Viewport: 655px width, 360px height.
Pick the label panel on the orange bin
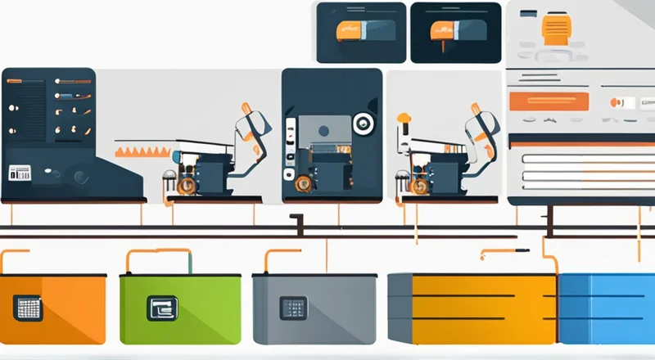tap(28, 308)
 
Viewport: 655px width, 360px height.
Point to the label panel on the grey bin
tap(291, 308)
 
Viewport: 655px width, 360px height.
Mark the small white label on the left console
tap(19, 173)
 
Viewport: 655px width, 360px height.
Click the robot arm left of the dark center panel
tap(250, 135)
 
